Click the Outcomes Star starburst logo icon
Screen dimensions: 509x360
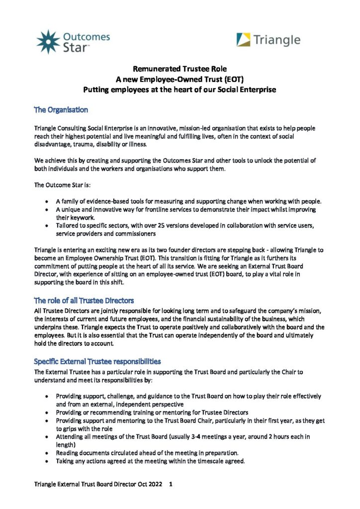48,42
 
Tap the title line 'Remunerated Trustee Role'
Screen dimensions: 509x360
180,69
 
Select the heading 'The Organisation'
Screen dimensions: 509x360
61,109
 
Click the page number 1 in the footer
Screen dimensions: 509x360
171,483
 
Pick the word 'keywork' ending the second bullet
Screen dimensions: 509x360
80,218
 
